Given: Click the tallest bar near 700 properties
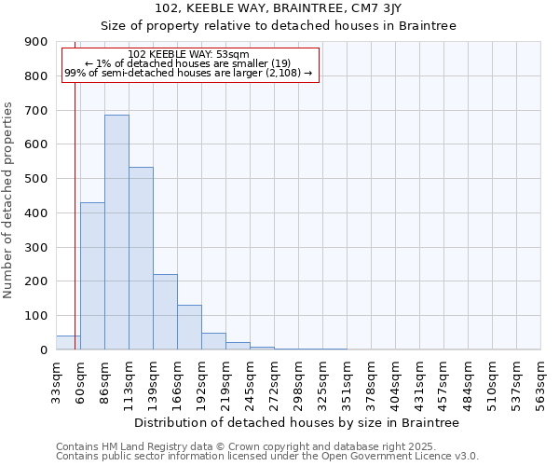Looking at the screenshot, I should point(116,232).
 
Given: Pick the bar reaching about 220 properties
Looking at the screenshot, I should point(165,311).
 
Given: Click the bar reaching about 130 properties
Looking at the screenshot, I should point(189,327).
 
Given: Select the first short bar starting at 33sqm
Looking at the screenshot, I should point(67,342).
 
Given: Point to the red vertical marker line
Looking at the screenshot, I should point(75,186).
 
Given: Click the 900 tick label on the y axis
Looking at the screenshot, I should point(36,42).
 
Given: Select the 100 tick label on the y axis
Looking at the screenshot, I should point(36,316).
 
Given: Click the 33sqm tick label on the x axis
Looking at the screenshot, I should point(56,381).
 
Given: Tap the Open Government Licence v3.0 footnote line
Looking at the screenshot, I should point(267,457).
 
